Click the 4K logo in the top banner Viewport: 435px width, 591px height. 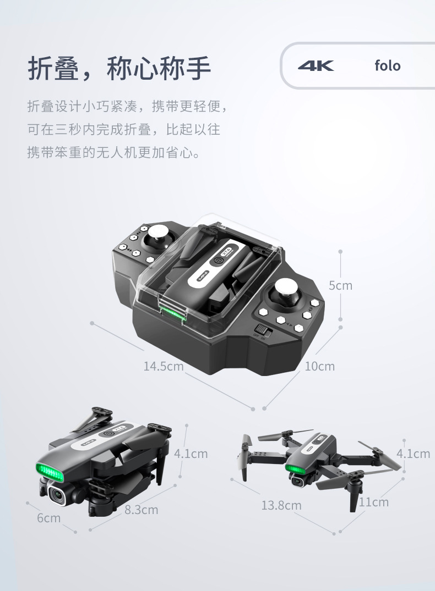point(316,66)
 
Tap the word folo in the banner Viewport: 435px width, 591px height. point(387,66)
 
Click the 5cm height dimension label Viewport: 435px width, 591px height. point(340,285)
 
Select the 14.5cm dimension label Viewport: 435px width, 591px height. point(164,366)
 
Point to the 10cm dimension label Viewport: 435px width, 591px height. point(320,366)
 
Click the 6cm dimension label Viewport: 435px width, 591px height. point(49,518)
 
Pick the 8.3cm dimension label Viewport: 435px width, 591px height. point(142,510)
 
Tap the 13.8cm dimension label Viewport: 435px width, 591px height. point(281,505)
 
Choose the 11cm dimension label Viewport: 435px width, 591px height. point(374,502)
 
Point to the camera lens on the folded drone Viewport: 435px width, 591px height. point(57,494)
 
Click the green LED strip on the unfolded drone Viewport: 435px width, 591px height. point(296,469)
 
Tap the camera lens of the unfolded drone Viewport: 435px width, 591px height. point(298,482)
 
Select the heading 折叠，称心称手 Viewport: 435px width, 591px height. point(120,68)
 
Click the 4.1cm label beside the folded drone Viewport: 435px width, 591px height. point(191,454)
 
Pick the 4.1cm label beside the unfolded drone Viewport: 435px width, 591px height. point(413,454)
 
